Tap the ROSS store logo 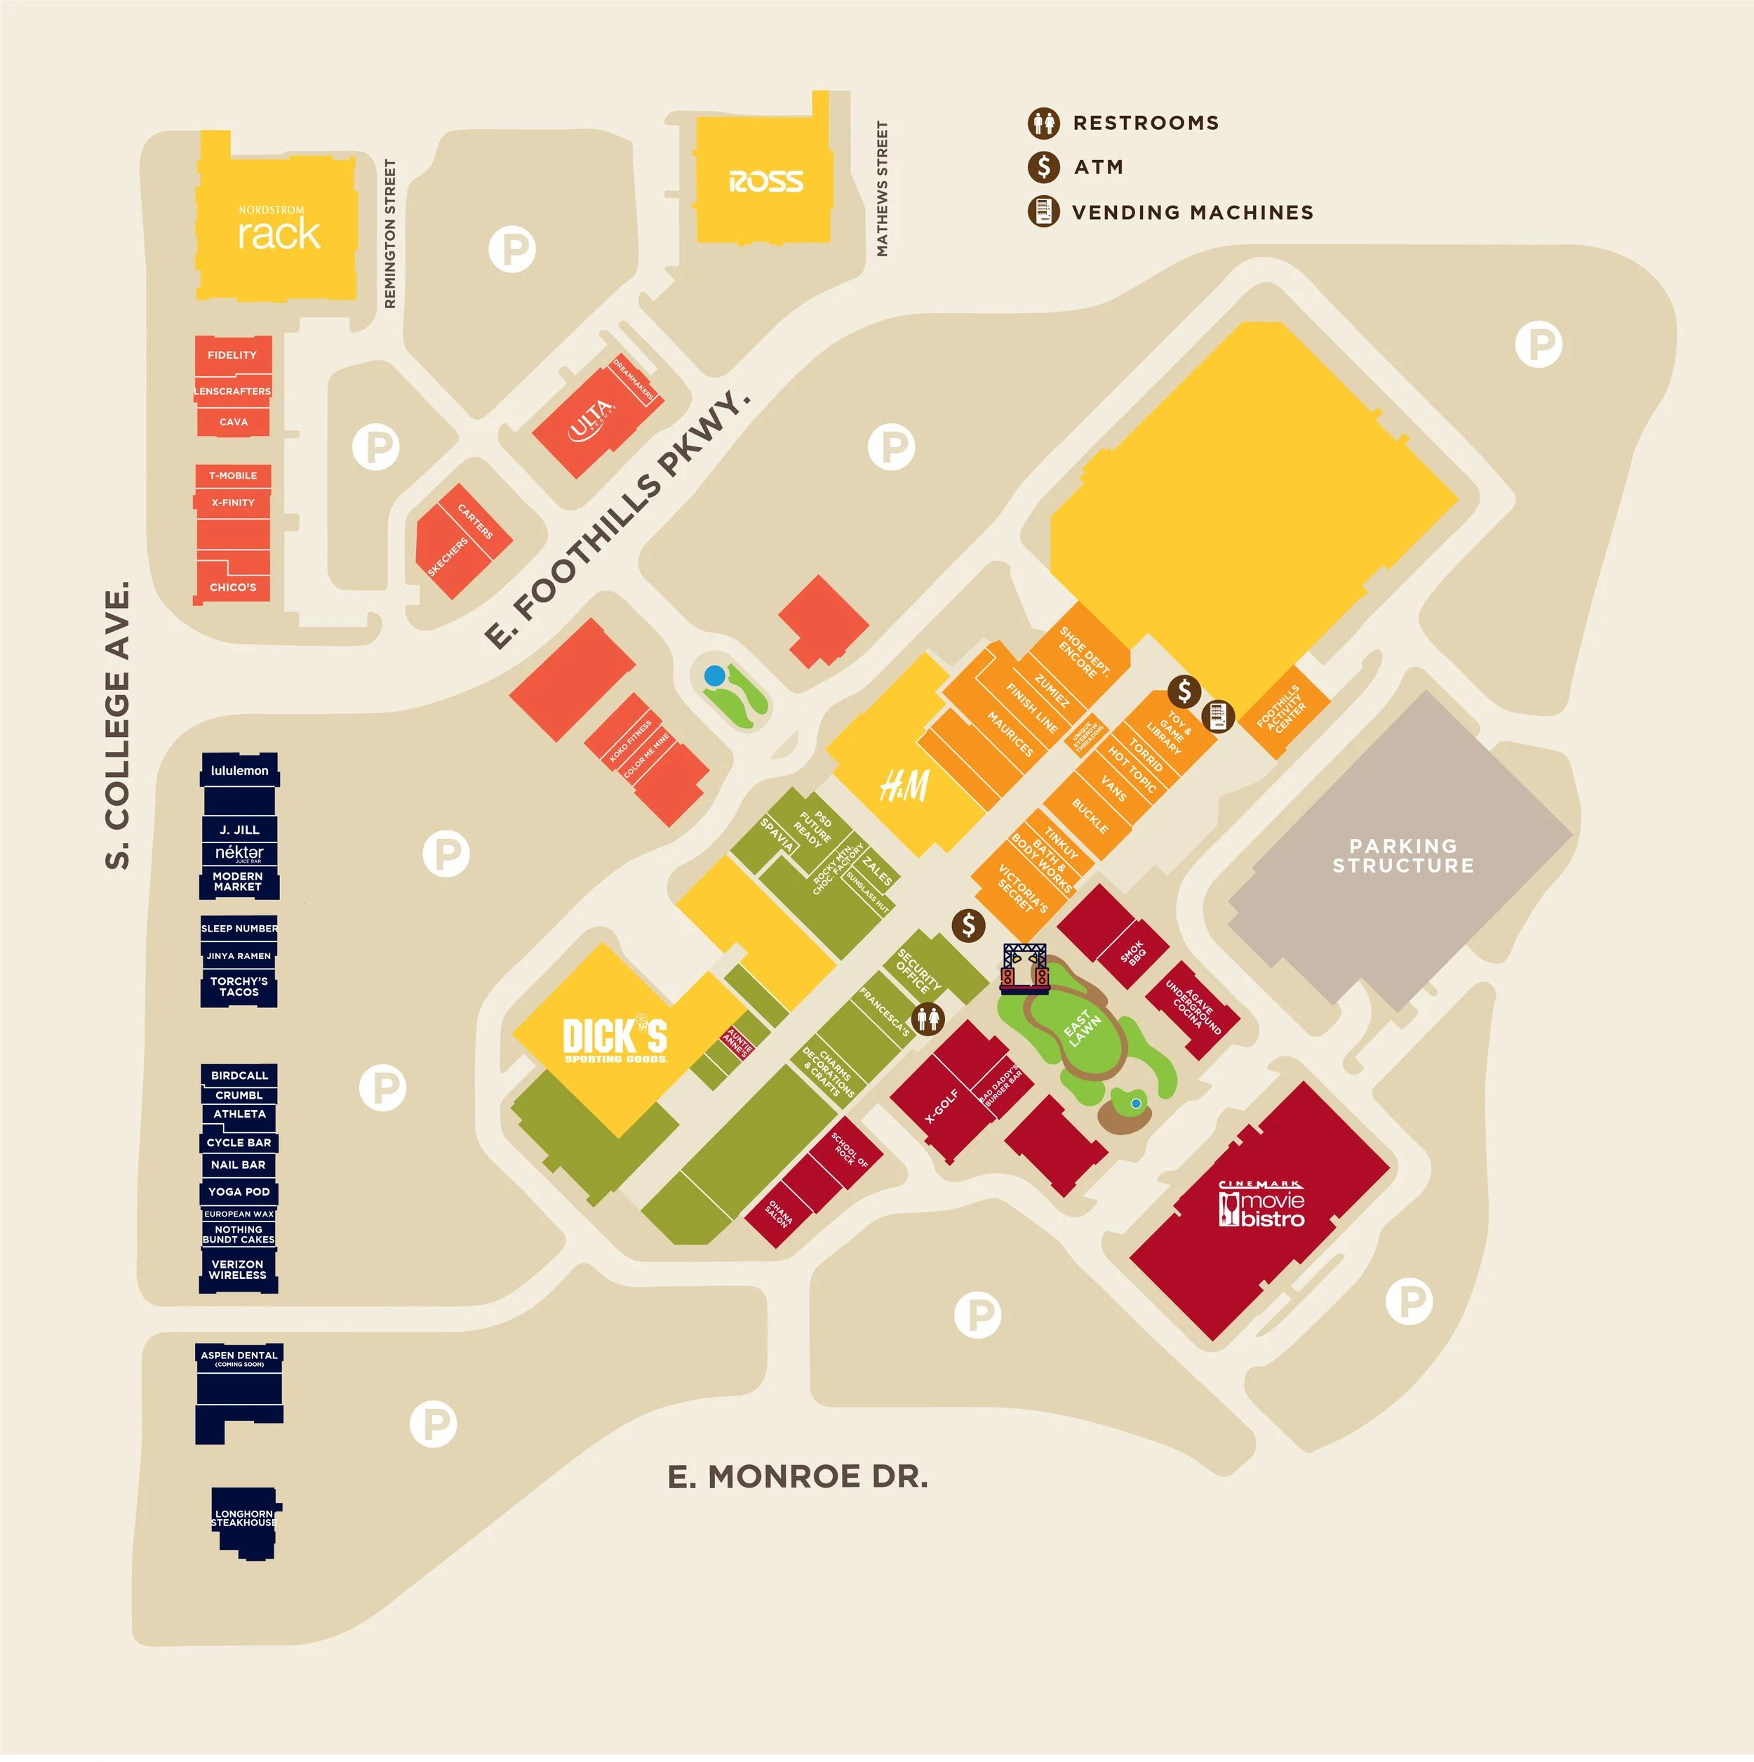coord(765,182)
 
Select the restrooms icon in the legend coord(1044,122)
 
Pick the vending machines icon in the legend coord(1044,211)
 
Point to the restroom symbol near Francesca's coord(928,1018)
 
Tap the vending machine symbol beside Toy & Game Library coord(1219,716)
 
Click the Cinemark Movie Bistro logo coord(1261,1205)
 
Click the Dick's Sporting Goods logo coord(615,1040)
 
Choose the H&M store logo coord(904,786)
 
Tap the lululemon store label coord(240,771)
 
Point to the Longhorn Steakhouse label coord(243,1518)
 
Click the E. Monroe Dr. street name coord(798,1476)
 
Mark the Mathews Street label coord(881,189)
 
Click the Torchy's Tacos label coord(239,987)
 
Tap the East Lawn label coord(1083,1028)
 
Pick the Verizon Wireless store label coord(238,1269)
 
